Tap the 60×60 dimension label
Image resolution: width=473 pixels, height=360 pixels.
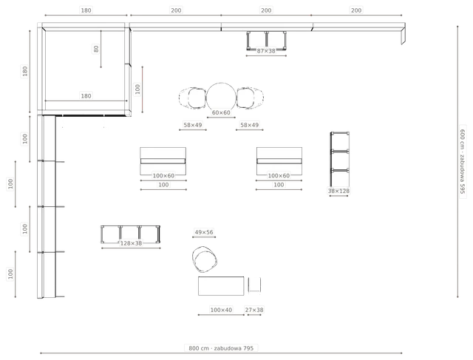[x=221, y=112]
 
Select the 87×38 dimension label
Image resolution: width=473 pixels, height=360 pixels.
[x=266, y=51]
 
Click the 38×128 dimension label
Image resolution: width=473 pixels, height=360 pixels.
[x=338, y=191]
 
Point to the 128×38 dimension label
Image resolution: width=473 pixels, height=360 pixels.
[x=132, y=243]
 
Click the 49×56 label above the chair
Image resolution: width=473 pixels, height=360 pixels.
[x=204, y=232]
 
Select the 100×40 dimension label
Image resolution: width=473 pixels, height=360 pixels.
[x=221, y=310]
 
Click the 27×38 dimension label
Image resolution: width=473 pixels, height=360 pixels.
[x=254, y=310]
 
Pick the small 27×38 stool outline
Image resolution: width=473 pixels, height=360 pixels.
[x=254, y=285]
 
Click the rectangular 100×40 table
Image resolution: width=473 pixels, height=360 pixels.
[x=221, y=286]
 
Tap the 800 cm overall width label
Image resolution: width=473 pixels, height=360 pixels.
[x=221, y=348]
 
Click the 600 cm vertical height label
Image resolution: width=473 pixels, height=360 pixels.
[x=463, y=162]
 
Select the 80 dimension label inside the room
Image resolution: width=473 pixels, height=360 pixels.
[x=96, y=49]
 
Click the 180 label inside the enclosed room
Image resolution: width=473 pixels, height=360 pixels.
[x=86, y=96]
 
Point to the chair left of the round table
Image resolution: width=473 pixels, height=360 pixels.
[x=193, y=98]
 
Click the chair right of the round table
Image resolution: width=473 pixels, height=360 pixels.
[x=250, y=98]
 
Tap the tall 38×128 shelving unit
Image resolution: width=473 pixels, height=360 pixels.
[x=340, y=159]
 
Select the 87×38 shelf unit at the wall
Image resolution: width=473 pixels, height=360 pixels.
[x=266, y=41]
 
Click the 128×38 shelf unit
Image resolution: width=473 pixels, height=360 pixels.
[x=130, y=234]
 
